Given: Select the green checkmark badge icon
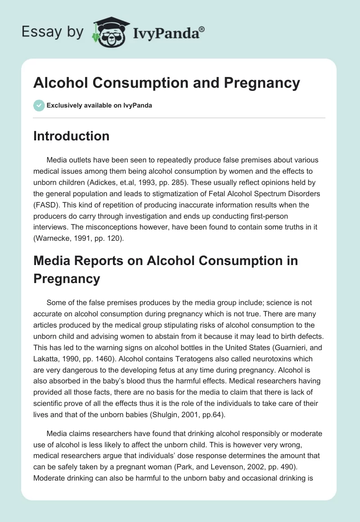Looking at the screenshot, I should click(x=39, y=105).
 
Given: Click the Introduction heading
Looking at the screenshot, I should click(x=71, y=136).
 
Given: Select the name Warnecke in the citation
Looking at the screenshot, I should click(x=53, y=238).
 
